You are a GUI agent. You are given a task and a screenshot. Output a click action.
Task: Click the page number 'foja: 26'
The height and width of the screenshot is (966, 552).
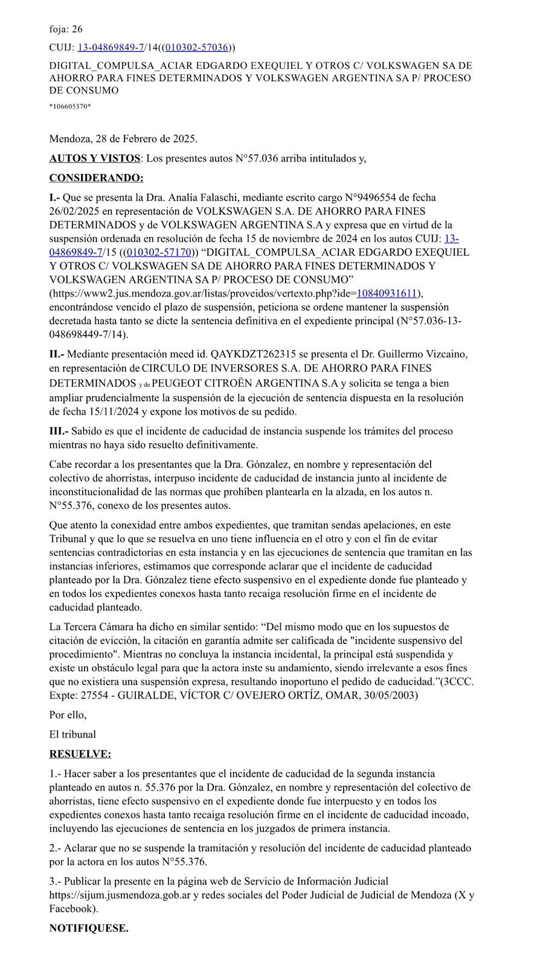[x=66, y=28]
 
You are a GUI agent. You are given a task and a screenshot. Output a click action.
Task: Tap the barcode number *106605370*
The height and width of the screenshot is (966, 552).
[x=70, y=107]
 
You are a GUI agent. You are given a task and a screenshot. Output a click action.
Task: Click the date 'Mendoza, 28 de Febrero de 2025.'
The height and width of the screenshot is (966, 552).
[x=123, y=139]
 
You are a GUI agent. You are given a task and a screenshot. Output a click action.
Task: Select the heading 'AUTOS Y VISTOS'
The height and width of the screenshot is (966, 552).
[x=94, y=158]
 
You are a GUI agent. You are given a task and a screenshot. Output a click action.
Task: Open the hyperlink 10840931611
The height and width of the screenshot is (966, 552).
[x=387, y=293]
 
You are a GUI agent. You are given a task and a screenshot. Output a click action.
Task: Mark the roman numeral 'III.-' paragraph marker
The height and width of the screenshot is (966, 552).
[x=59, y=431]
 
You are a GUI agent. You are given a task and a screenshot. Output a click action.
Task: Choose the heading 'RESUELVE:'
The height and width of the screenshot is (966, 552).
[x=80, y=754]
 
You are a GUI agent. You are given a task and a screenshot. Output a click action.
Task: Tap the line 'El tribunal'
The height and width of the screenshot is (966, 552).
[x=72, y=735]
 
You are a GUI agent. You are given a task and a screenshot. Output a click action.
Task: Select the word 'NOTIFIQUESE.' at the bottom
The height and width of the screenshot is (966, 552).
[x=89, y=928]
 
